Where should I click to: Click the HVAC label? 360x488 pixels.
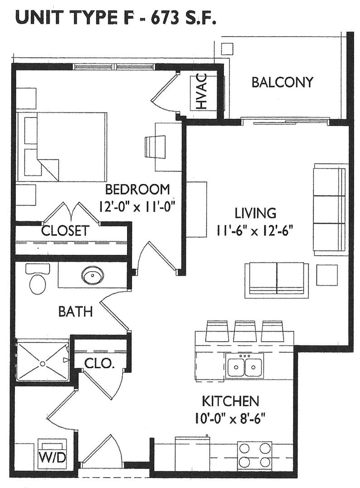pos(202,91)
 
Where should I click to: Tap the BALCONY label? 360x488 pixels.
pos(282,83)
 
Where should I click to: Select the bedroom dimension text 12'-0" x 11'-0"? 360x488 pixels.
pos(136,206)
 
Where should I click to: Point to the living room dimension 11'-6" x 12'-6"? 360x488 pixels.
pos(255,231)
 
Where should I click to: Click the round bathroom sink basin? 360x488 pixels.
pos(93,276)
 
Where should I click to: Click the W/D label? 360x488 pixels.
pos(52,458)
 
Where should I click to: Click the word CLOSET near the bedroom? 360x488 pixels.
pos(66,231)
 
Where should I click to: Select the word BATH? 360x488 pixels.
pos(76,311)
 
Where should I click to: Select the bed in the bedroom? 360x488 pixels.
pos(62,147)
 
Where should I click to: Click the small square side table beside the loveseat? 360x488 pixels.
pos(327,275)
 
